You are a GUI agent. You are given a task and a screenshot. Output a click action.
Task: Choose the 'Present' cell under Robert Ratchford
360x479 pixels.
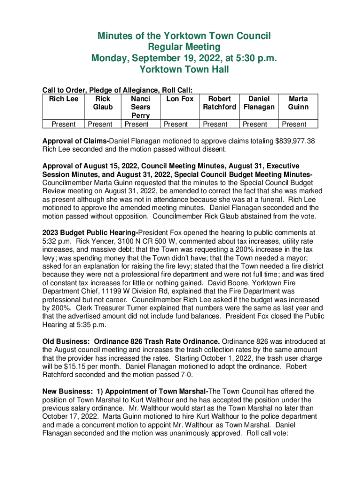(219, 124)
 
